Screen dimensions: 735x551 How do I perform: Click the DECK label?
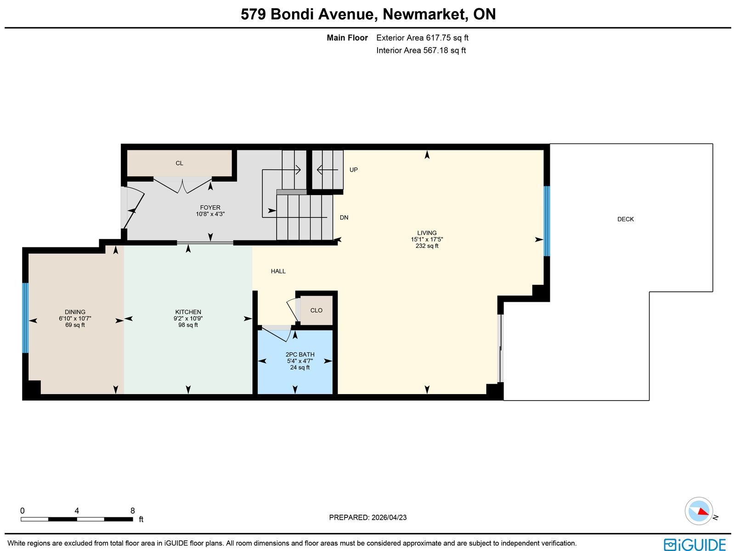[x=625, y=219]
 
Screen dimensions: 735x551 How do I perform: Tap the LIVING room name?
[x=427, y=233]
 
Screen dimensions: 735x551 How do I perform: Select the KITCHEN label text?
[x=188, y=312]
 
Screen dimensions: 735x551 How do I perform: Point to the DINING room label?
[x=75, y=312]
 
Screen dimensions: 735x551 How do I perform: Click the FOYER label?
[x=210, y=207]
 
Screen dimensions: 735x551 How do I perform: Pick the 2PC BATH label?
[x=300, y=354]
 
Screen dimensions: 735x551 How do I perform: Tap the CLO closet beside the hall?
[x=316, y=310]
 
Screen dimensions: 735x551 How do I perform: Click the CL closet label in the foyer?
[x=179, y=163]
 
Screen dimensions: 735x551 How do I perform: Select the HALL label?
[x=278, y=271]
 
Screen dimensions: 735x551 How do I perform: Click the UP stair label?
[x=353, y=170]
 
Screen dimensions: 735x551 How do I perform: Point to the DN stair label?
[x=344, y=218]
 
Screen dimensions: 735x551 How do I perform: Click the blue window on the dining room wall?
[x=25, y=318]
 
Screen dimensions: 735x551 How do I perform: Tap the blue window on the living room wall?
[x=547, y=221]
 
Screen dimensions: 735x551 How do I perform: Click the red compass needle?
[x=703, y=511]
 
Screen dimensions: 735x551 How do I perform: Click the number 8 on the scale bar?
[x=133, y=511]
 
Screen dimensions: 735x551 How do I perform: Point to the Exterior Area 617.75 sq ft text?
[x=422, y=38]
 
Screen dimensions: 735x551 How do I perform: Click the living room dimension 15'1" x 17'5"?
[x=427, y=239]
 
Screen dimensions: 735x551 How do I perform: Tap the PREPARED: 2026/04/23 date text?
[x=367, y=517]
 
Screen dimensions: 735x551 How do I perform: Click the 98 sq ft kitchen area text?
[x=188, y=325]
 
